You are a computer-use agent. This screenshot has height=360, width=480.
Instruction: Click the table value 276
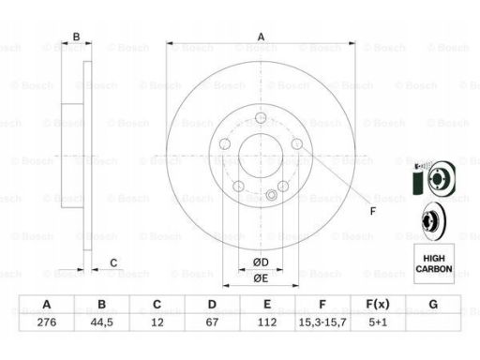pyautogui.click(x=47, y=322)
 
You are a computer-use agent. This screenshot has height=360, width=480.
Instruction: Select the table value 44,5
pyautogui.click(x=101, y=322)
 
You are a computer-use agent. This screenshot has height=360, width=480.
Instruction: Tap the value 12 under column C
pyautogui.click(x=157, y=322)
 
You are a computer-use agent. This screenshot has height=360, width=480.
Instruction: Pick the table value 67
pyautogui.click(x=212, y=322)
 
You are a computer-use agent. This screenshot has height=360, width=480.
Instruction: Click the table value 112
pyautogui.click(x=267, y=322)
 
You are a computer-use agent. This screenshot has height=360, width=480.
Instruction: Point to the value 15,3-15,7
pyautogui.click(x=322, y=322)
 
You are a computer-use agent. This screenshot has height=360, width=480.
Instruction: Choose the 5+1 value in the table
pyautogui.click(x=378, y=322)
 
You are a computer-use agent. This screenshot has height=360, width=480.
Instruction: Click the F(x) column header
pyautogui.click(x=378, y=304)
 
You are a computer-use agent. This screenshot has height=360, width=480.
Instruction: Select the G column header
pyautogui.click(x=433, y=304)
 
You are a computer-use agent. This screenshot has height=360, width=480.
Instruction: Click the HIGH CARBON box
pyautogui.click(x=434, y=263)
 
